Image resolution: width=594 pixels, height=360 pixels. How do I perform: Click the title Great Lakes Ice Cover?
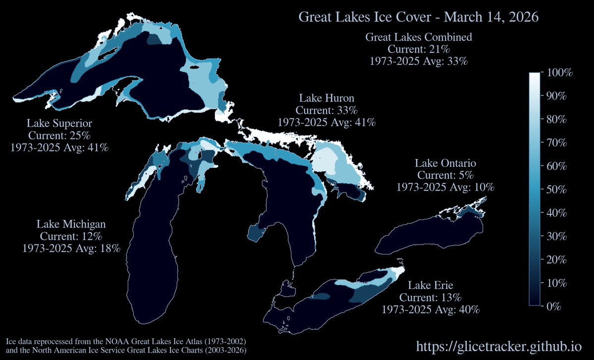pos(418,17)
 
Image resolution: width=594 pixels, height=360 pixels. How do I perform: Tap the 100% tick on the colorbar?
pos(559,73)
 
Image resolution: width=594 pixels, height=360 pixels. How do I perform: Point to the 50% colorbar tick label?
pos(559,190)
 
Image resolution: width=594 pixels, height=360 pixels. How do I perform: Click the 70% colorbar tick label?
pos(559,143)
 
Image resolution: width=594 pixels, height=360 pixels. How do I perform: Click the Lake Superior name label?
pos(59,123)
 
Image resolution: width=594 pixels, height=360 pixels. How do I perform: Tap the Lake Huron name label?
pos(327,98)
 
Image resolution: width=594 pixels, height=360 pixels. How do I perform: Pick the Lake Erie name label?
pos(430,285)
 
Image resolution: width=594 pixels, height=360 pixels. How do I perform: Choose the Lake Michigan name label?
pos(71,224)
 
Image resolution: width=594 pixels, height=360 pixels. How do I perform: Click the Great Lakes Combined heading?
pos(418,37)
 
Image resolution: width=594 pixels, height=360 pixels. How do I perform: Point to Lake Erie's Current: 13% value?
pos(430,298)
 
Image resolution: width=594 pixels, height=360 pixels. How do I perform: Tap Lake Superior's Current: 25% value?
pos(59,135)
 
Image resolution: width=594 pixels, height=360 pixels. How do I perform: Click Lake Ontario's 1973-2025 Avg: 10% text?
pos(445,187)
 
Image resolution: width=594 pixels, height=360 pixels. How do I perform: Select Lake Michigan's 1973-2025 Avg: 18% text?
pos(71,248)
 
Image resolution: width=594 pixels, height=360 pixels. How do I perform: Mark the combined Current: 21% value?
pos(418,50)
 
